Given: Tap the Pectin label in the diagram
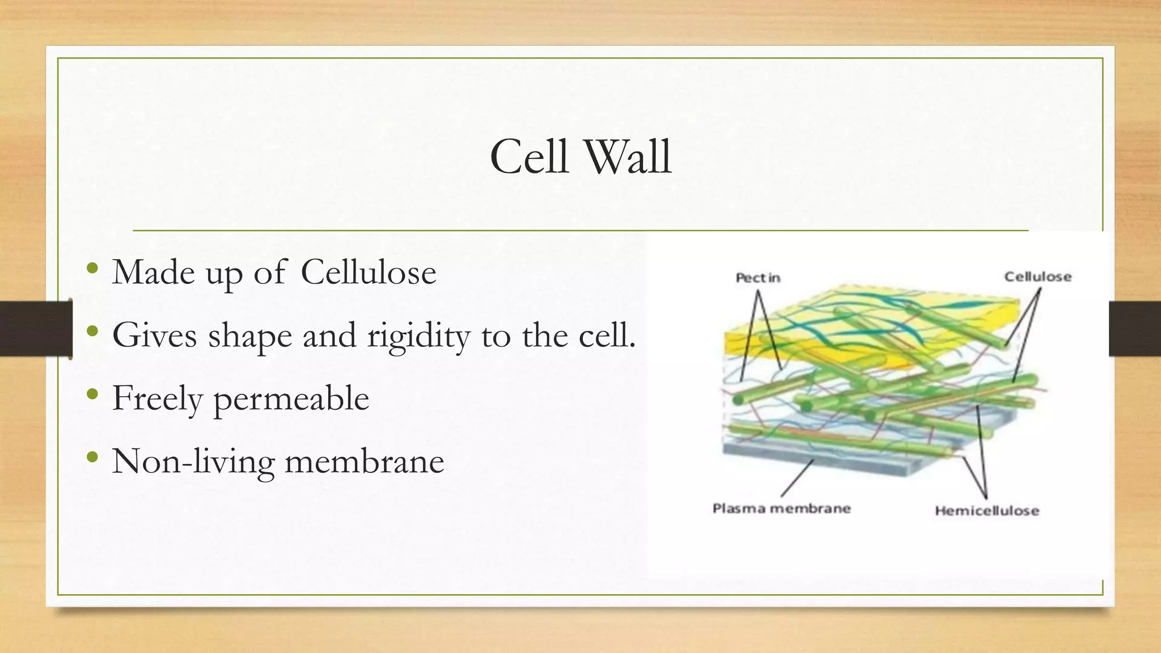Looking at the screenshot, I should coord(757,278).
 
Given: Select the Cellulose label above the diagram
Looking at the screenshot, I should coord(1037,277).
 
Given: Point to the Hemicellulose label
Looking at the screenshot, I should coord(986,511).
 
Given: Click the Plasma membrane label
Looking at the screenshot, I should coord(781,508).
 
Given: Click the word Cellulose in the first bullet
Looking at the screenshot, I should coord(368,272).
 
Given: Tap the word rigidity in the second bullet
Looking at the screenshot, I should coord(418,336).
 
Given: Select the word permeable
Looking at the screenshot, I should coord(291,398).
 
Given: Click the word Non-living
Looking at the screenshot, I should coord(193,461).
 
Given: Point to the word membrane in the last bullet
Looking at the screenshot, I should coord(364,461).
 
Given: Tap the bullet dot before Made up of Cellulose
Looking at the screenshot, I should coord(92,268).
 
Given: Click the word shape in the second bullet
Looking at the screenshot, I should coord(250,336).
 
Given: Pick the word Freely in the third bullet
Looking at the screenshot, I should coord(157,398).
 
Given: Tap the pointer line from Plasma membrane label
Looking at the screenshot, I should coord(796,479).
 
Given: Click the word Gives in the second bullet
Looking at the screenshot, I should coord(154,336).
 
